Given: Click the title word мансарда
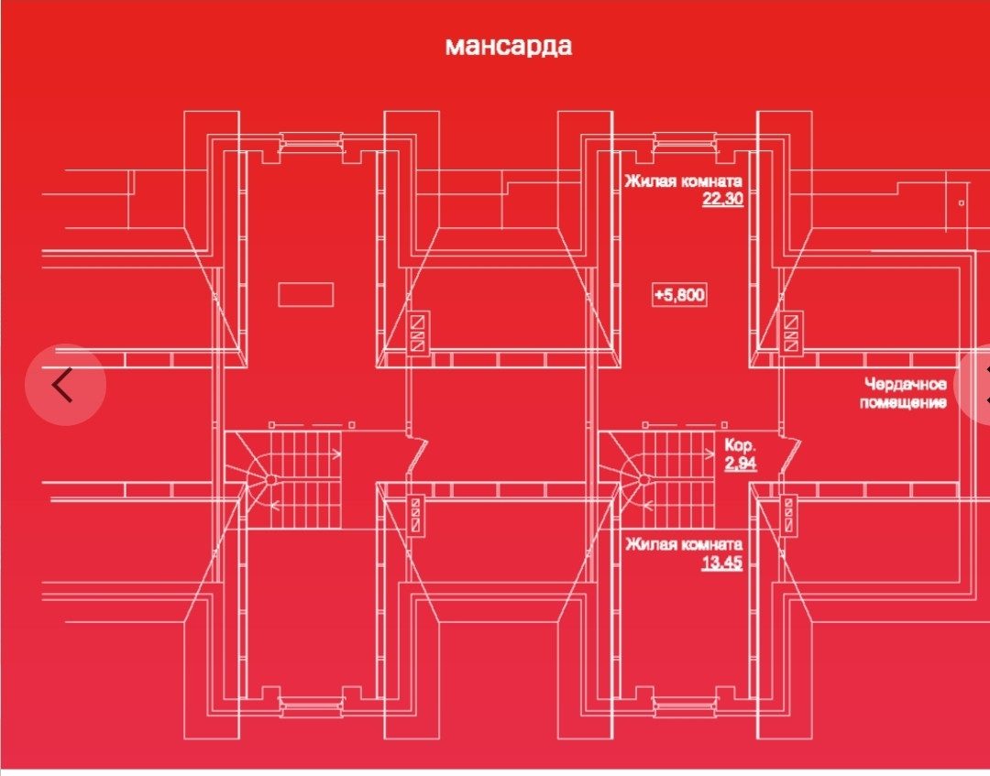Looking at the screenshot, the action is [x=508, y=46].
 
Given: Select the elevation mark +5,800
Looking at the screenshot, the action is [x=679, y=295].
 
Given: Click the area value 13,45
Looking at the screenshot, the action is [x=722, y=563].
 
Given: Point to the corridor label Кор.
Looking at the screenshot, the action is [x=738, y=444].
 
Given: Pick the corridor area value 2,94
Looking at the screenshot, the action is [x=740, y=464].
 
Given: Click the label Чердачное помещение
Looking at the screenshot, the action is [x=903, y=394].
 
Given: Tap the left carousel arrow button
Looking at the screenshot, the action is [x=64, y=385].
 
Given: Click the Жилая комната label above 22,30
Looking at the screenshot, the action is [x=683, y=180].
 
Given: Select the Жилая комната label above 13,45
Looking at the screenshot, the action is [x=683, y=544].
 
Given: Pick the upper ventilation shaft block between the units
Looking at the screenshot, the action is [x=418, y=333].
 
